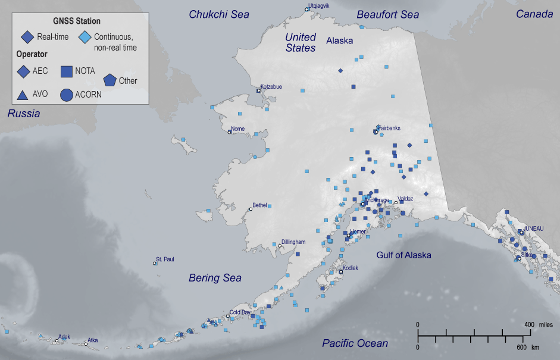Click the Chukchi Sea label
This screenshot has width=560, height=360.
pos(219,14)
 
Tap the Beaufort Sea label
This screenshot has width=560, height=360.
pos(387,14)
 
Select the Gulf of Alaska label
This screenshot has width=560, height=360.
pos(403,255)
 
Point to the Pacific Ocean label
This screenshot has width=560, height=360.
pos(355,343)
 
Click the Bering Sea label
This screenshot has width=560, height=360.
pos(215,278)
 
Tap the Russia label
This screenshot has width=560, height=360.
pos(24,113)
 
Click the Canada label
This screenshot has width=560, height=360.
pos(534,14)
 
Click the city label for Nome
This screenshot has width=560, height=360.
pos(237,129)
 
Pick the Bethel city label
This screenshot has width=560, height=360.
pos(259,205)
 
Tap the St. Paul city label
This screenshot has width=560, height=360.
pos(165,259)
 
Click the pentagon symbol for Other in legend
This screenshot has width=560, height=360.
pos(110,80)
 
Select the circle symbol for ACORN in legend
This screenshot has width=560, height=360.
pos(67,94)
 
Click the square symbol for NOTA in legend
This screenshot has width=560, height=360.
pos(67,71)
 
